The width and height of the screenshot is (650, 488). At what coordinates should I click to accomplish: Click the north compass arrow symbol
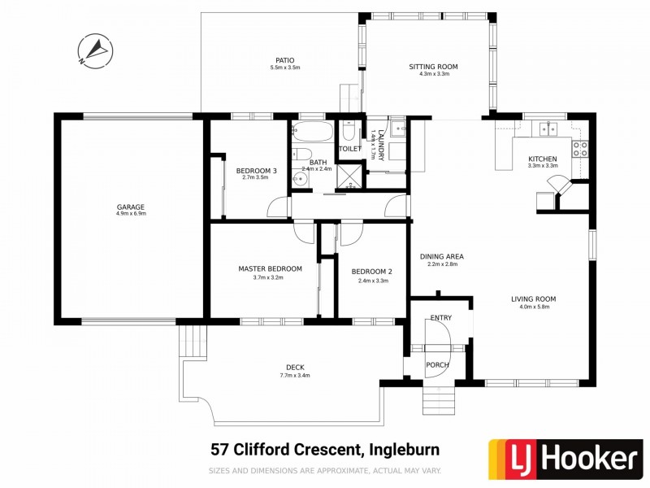[x=95, y=50]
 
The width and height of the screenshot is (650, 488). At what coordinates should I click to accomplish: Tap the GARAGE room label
[x=130, y=207]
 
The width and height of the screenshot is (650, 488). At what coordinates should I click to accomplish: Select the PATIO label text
[x=284, y=59]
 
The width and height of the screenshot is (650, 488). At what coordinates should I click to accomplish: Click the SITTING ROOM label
[x=433, y=66]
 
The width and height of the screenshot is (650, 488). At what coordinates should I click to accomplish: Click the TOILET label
[x=349, y=149]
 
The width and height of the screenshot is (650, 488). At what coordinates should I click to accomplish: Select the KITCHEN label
[x=542, y=158]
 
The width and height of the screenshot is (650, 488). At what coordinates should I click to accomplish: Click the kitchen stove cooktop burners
[x=580, y=149]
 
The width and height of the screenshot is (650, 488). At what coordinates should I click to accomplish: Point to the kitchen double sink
[x=547, y=129]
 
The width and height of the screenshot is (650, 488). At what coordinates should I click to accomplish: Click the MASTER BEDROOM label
[x=270, y=268]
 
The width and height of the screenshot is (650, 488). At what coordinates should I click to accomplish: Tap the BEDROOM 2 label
[x=372, y=272]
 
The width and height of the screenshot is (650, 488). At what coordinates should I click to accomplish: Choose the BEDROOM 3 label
[x=257, y=171]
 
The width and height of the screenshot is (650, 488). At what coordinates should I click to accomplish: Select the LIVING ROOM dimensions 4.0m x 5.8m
[x=533, y=307]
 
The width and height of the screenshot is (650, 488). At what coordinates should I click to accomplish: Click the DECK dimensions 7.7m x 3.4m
[x=294, y=375]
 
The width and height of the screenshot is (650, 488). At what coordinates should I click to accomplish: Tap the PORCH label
[x=437, y=365]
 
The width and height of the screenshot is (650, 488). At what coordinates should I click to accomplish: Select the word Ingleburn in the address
[x=407, y=448]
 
